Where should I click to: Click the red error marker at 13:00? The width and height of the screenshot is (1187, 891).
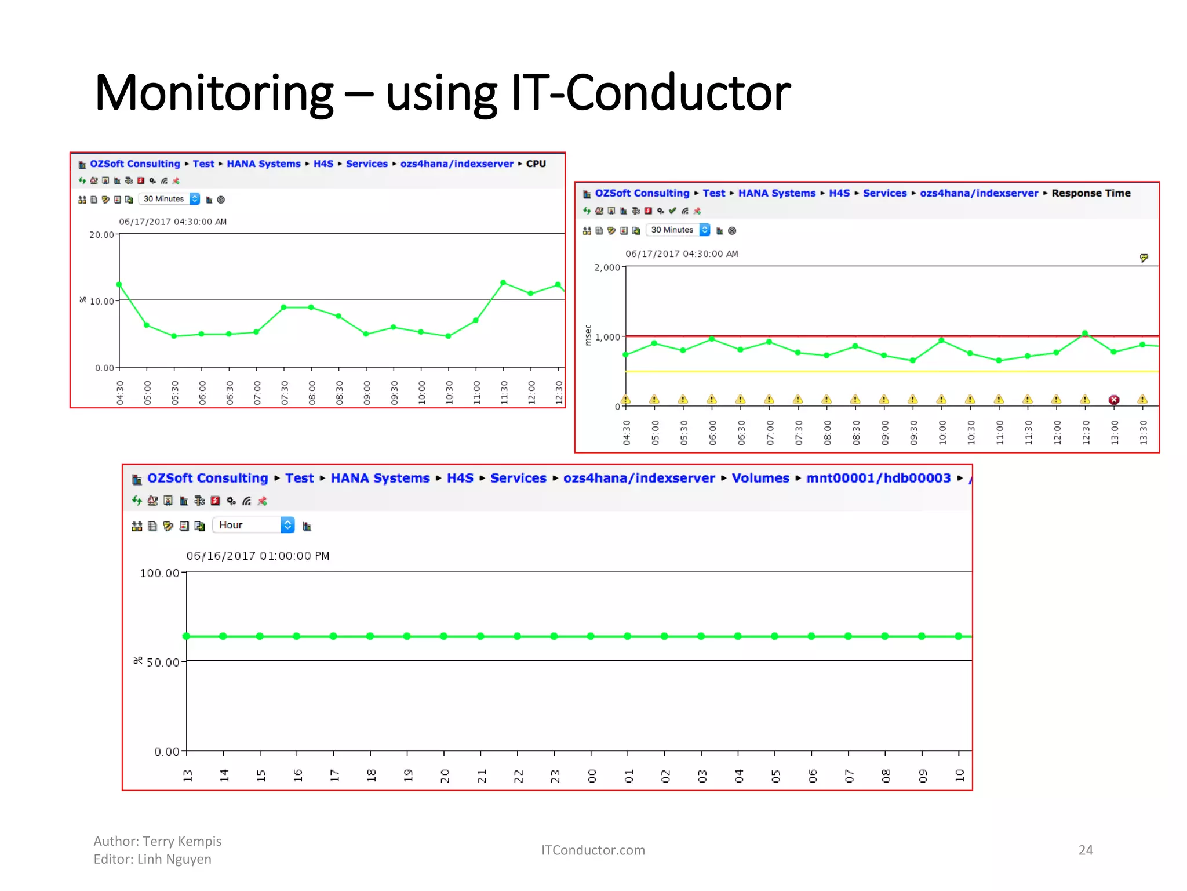coord(1113,400)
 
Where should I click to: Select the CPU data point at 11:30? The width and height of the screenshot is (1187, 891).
coord(503,282)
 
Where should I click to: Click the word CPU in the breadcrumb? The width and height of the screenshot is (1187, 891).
coord(536,164)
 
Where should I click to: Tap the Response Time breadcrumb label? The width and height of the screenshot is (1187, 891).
coord(1091,193)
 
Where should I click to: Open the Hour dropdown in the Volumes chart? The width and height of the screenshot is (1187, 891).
coord(254,526)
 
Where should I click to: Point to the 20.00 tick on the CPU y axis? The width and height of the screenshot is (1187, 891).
coord(102,235)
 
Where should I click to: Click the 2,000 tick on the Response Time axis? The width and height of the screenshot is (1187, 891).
coord(607,267)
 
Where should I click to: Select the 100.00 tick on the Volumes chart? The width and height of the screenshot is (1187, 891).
coord(160,574)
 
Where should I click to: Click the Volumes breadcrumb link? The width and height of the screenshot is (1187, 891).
coord(760,479)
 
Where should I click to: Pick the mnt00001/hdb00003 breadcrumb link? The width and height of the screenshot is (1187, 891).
coord(878,479)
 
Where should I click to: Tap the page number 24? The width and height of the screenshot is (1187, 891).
coord(1086,850)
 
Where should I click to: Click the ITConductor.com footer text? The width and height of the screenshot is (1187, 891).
coord(593,850)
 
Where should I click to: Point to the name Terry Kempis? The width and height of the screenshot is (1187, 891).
coord(182,842)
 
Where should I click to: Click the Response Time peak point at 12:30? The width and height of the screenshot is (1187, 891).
coord(1085,334)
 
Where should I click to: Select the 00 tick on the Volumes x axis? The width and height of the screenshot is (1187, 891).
coord(591,776)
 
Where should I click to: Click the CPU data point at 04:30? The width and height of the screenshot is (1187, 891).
coord(119,285)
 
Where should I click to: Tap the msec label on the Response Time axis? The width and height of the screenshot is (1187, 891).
coord(588,335)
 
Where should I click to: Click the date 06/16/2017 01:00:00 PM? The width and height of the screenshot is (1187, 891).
coord(257,556)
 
